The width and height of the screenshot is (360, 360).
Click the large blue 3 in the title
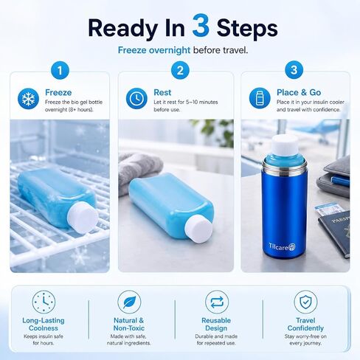coord(201,25)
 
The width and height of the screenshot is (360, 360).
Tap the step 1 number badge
coord(60,70)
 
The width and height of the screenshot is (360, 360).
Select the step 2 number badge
coord(180,70)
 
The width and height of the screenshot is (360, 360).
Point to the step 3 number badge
coord(294,70)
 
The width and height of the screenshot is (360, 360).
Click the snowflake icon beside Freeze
coord(28,98)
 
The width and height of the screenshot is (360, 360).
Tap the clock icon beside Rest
coord(136,98)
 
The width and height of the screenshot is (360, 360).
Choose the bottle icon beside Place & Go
coord(260,98)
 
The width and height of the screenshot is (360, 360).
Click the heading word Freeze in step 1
coord(58,92)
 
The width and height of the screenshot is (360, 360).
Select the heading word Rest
coord(162,92)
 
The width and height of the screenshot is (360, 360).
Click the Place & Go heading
coord(299,92)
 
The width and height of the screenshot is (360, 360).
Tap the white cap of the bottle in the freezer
coord(83,217)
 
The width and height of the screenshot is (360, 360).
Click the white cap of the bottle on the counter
coord(198,229)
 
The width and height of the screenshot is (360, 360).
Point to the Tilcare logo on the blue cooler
coord(282,246)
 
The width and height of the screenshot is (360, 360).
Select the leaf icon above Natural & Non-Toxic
coord(129,302)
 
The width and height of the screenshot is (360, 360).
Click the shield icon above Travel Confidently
coord(305,302)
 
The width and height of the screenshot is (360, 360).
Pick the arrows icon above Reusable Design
coord(217,302)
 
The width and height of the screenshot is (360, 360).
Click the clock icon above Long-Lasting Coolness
coord(44,302)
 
